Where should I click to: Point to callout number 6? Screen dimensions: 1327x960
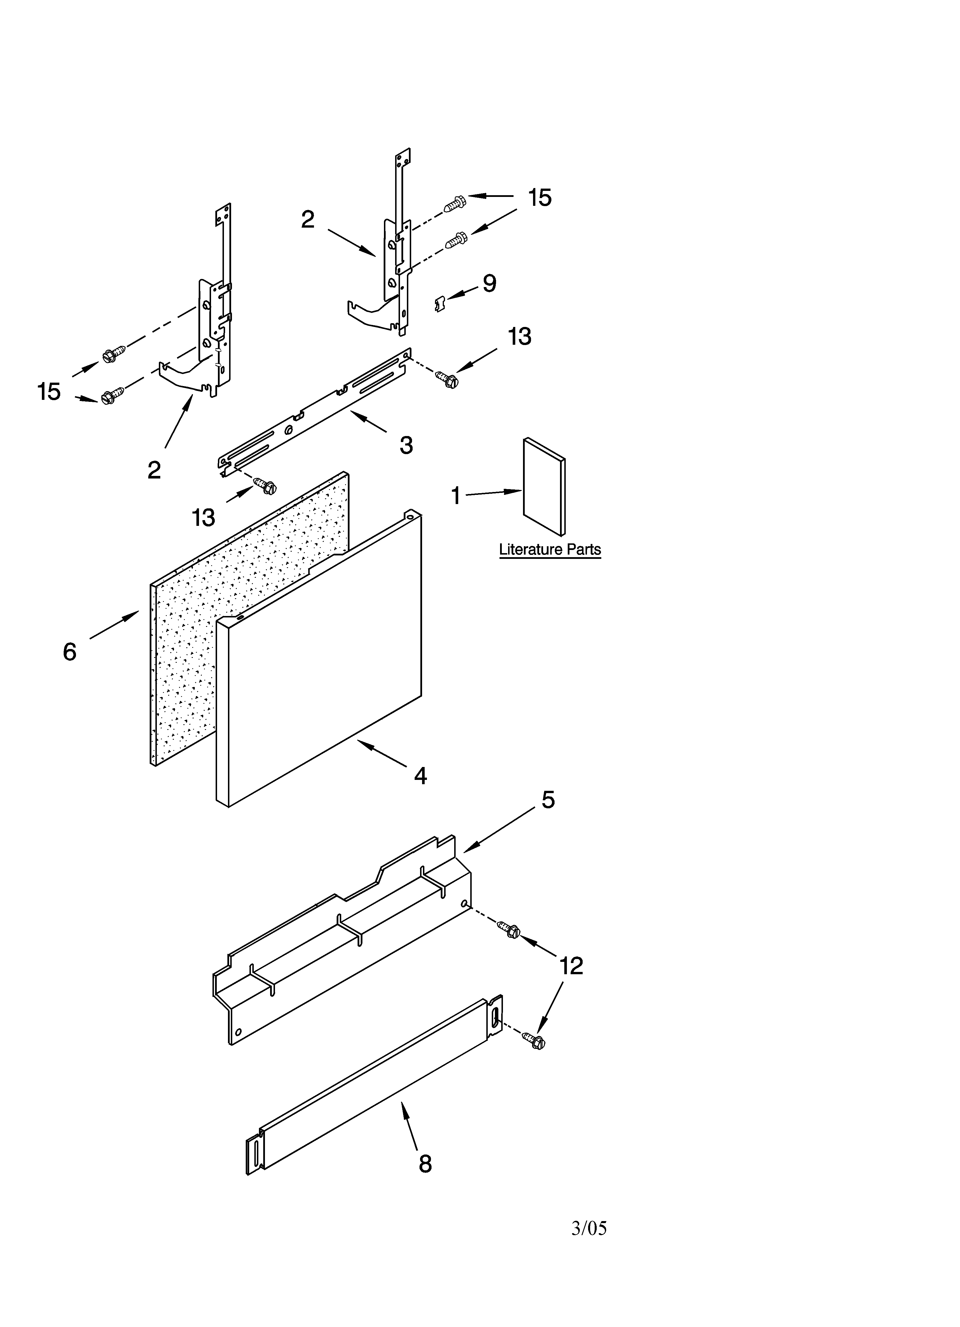pyautogui.click(x=70, y=651)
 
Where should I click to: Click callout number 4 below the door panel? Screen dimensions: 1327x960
pyautogui.click(x=420, y=776)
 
